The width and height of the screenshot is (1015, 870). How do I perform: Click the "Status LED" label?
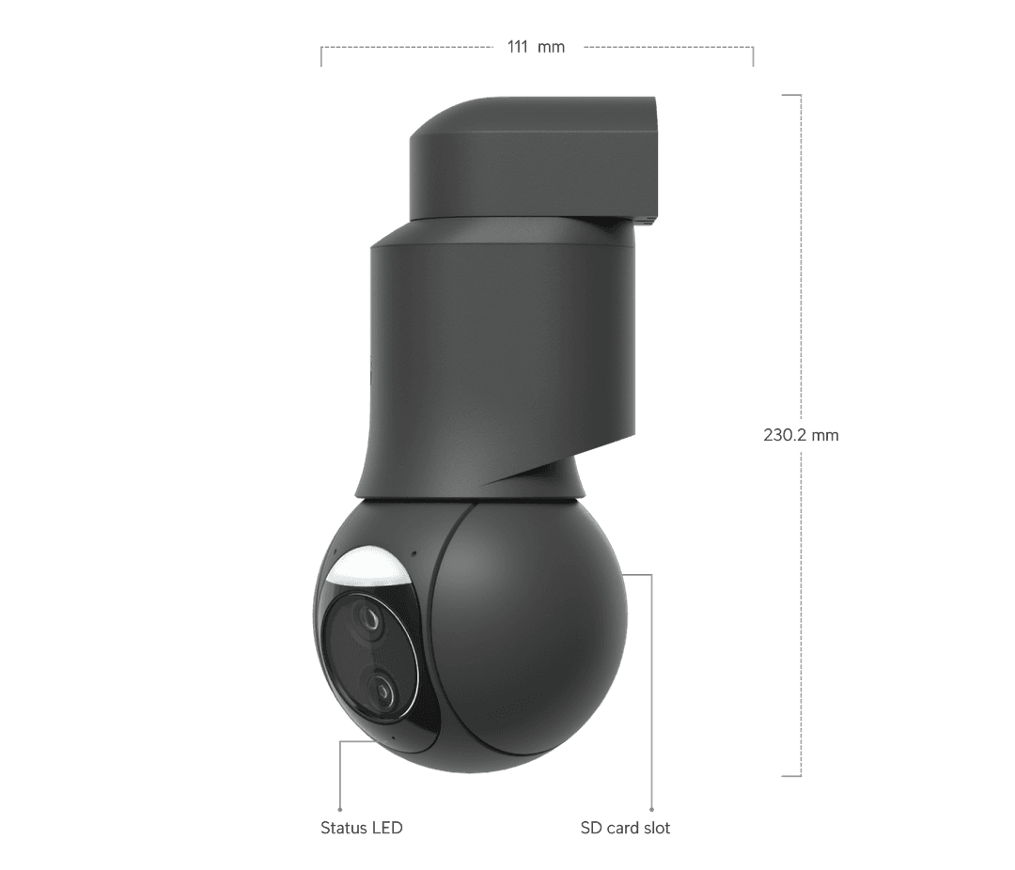362,828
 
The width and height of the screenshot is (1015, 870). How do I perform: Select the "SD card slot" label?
625,828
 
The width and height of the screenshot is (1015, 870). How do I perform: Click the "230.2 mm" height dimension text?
800,435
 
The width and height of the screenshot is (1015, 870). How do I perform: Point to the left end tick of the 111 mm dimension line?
321,55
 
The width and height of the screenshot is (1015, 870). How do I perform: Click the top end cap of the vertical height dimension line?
791,94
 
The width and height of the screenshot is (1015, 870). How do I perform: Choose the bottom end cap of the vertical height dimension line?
791,776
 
